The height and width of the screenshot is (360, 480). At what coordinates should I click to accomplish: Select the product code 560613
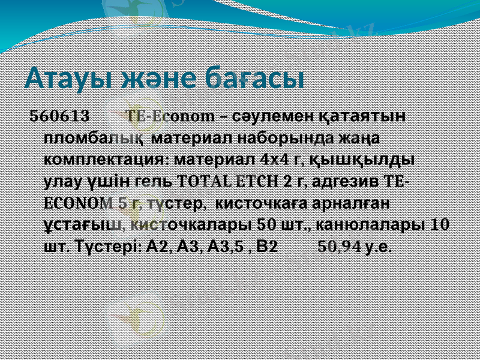point(60,115)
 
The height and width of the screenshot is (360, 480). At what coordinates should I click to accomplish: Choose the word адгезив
point(344,182)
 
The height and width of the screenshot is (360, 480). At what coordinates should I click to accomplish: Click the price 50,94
point(341,247)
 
